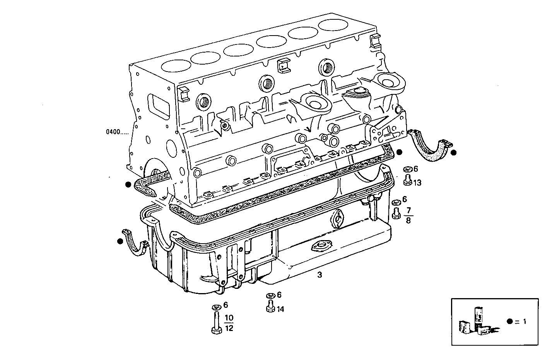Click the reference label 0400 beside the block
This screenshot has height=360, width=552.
pyautogui.click(x=117, y=131)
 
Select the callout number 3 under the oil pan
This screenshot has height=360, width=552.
pyautogui.click(x=319, y=275)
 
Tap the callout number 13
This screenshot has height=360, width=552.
pyautogui.click(x=417, y=183)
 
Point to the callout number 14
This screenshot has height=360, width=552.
pyautogui.click(x=280, y=309)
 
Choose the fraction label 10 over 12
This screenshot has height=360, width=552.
pyautogui.click(x=229, y=323)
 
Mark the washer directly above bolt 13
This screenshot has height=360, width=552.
pyautogui.click(x=407, y=169)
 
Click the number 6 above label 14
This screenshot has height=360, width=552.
pyautogui.click(x=279, y=295)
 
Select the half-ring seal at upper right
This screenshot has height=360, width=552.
pyautogui.click(x=429, y=147)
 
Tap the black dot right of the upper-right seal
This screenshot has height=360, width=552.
pyautogui.click(x=454, y=153)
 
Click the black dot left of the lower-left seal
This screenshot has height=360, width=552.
pyautogui.click(x=120, y=241)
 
